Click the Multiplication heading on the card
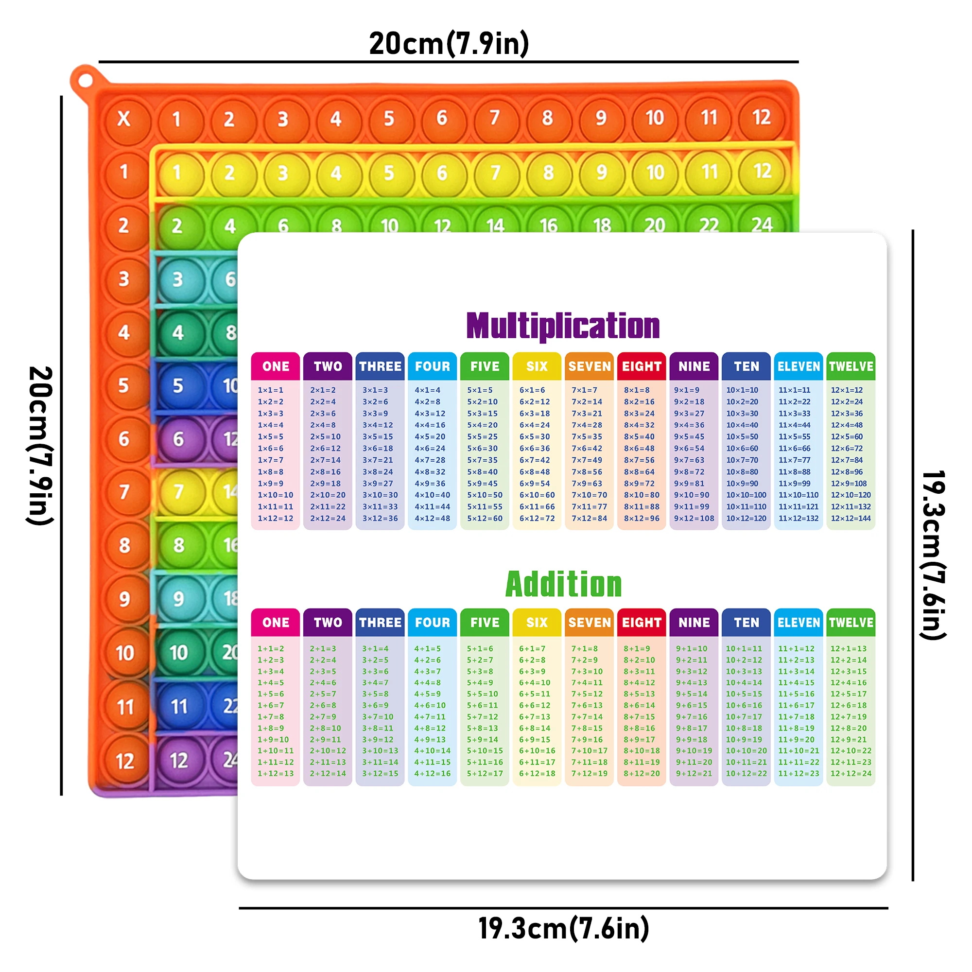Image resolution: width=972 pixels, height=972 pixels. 562,326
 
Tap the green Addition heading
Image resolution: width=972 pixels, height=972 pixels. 563,584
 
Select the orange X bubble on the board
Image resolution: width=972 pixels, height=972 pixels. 124,119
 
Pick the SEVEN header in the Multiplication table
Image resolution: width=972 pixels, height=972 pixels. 589,366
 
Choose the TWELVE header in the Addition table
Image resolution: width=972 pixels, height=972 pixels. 851,623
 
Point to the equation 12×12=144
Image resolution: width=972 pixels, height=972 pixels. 850,518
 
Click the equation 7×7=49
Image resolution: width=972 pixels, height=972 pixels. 587,460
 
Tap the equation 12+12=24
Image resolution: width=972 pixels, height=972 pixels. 850,773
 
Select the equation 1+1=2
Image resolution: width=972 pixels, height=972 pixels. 271,648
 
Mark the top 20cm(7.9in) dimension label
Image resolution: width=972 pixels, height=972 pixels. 449,43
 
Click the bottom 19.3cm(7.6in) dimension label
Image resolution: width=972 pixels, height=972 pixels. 563,928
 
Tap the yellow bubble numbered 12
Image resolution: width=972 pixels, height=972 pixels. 762,172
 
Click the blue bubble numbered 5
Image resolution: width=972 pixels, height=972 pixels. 178,385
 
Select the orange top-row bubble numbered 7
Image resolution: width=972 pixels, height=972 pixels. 495,118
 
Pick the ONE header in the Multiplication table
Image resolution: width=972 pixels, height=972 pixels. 275,366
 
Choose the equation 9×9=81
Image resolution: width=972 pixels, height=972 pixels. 689,484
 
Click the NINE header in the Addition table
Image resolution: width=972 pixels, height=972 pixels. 694,623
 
